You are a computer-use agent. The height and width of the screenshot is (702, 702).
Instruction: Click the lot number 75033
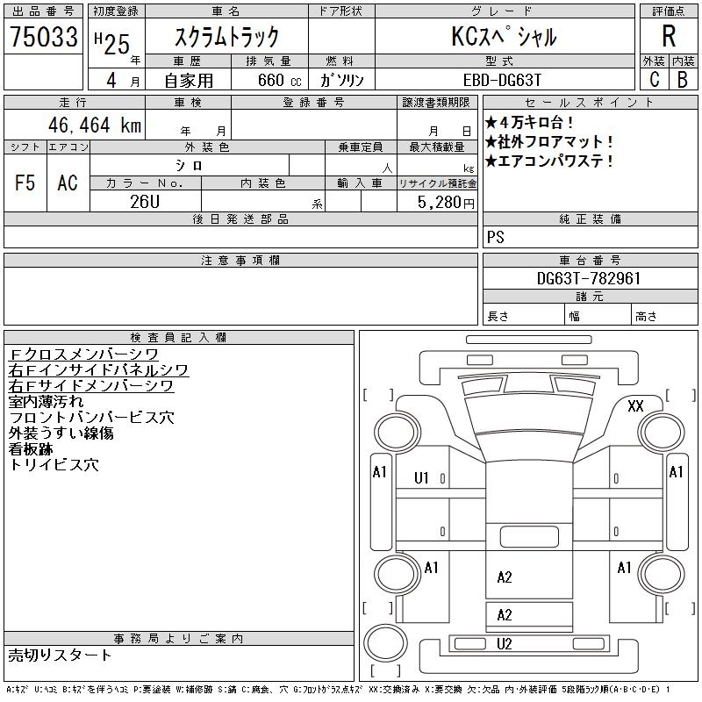44,37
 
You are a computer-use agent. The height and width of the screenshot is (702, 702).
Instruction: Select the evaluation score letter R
669,37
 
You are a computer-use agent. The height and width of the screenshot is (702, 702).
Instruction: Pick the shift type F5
25,183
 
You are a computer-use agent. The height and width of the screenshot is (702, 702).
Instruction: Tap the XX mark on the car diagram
635,405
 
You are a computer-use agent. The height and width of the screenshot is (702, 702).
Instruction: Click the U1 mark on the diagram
421,478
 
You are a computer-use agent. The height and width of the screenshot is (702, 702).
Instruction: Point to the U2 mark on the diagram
505,644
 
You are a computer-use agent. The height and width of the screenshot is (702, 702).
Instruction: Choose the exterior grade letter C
654,79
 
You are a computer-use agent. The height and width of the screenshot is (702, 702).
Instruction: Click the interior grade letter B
683,79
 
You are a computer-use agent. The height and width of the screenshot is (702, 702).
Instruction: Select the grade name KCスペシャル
504,37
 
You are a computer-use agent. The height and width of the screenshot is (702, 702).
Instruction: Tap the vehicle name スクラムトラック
227,37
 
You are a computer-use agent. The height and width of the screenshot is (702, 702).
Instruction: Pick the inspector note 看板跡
31,449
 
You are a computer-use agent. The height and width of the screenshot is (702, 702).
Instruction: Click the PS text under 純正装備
496,237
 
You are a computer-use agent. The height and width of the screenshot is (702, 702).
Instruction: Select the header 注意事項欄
240,261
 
